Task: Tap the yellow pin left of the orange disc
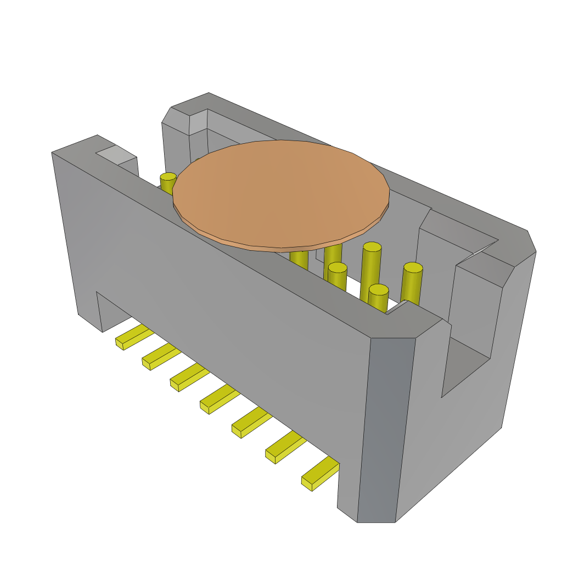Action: point(168,181)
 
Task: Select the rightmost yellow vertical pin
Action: point(412,283)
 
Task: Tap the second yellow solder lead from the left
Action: point(161,356)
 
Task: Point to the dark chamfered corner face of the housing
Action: point(386,428)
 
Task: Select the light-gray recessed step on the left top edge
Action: point(116,155)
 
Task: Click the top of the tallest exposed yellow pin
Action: point(372,247)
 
